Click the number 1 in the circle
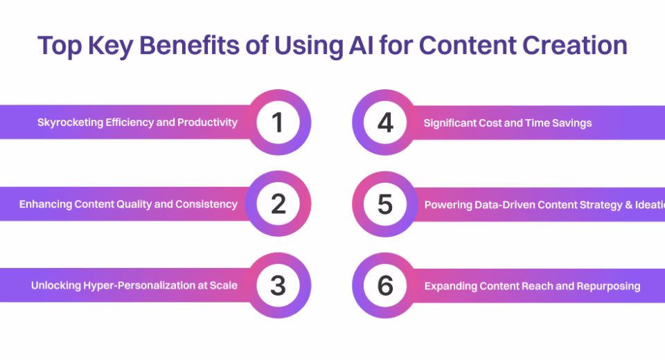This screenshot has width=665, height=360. pyautogui.click(x=278, y=123)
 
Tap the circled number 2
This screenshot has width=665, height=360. pyautogui.click(x=278, y=204)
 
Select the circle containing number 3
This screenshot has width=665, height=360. pyautogui.click(x=278, y=285)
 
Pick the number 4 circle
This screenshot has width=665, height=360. pyautogui.click(x=385, y=123)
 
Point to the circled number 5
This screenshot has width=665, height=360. pyautogui.click(x=385, y=204)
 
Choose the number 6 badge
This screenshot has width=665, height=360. pyautogui.click(x=385, y=285)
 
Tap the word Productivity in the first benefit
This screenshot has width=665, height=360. pyautogui.click(x=207, y=123)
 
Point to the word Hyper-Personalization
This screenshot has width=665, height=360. pyautogui.click(x=133, y=285)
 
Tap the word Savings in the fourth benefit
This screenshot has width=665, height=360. pyautogui.click(x=572, y=123)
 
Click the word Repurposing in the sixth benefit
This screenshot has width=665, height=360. pyautogui.click(x=607, y=286)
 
